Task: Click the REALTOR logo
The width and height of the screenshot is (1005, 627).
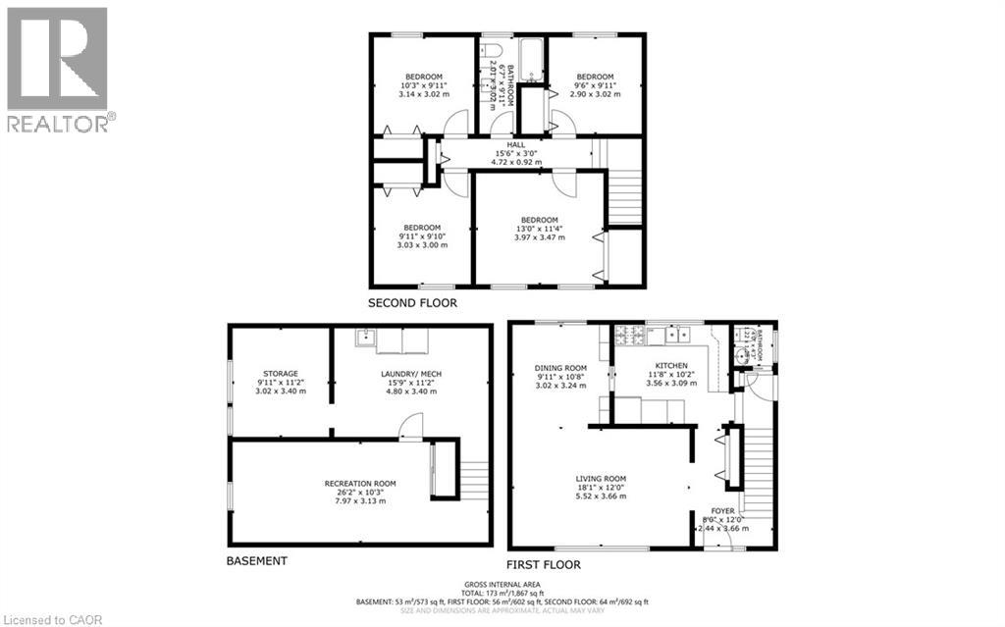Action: (59, 69)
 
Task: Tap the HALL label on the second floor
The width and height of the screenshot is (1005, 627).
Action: (502, 144)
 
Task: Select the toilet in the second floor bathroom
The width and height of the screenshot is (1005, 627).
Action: (493, 52)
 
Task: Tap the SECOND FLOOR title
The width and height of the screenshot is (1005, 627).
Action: (412, 303)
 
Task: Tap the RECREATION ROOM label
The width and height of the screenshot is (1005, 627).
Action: (361, 483)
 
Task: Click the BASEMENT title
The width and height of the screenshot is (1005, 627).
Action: (256, 561)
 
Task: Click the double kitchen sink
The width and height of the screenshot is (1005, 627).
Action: (675, 336)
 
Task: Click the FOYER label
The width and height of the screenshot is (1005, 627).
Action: (724, 510)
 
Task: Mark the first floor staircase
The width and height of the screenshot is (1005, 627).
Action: (755, 461)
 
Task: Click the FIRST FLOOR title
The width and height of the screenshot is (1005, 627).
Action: (543, 564)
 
